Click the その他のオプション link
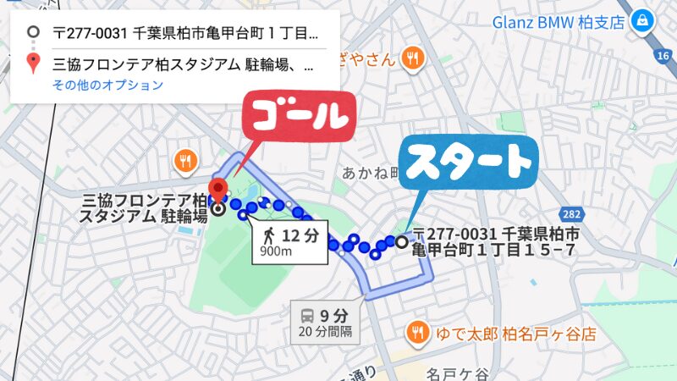click(x=107, y=85)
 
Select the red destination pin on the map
click(x=219, y=190)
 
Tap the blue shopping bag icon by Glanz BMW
click(x=644, y=18)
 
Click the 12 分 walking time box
click(x=289, y=241)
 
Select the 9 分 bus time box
click(x=326, y=321)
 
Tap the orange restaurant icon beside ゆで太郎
click(x=416, y=331)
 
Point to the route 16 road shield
click(x=662, y=55)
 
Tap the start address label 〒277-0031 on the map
click(x=496, y=242)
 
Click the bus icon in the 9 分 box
click(x=307, y=314)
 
